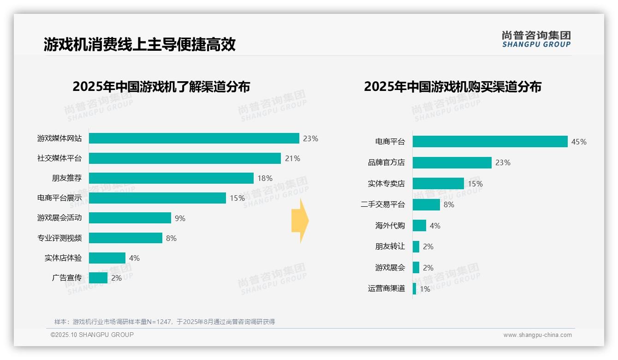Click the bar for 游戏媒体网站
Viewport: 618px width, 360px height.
tap(194, 138)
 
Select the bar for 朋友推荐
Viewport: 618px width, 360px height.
tap(171, 178)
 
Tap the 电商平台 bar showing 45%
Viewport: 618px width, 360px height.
tap(490, 142)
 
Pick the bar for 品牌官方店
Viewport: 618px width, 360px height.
tap(452, 162)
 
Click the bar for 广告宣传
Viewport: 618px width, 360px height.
tap(98, 278)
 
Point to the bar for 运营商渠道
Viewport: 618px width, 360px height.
tap(415, 289)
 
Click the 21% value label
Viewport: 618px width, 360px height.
tap(292, 158)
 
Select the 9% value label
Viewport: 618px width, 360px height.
tap(180, 218)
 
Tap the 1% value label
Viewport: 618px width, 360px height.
tap(425, 289)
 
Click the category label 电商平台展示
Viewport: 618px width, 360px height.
tap(59, 198)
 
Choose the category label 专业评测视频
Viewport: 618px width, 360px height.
tap(59, 238)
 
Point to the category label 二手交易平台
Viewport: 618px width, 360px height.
tap(383, 204)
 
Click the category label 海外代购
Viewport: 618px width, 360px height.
tap(390, 226)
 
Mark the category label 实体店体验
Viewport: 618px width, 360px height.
tap(63, 258)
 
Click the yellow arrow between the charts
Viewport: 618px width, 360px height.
tap(300, 221)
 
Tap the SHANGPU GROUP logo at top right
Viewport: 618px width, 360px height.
tap(536, 39)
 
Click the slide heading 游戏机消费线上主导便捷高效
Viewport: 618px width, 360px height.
tap(140, 44)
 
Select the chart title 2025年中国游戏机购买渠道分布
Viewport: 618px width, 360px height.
tap(452, 86)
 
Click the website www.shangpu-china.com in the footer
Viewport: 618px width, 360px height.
tap(537, 335)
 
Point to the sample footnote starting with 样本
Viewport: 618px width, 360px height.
tap(165, 322)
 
